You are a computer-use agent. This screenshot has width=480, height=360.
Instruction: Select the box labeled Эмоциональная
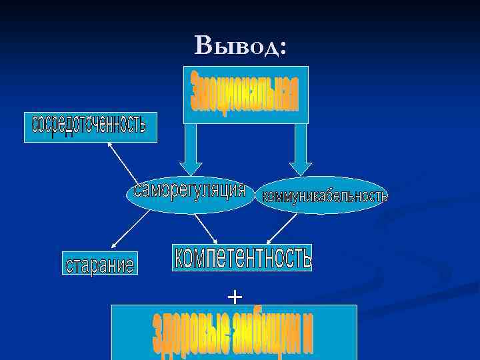245,95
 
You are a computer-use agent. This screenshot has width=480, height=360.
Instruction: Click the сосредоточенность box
90,127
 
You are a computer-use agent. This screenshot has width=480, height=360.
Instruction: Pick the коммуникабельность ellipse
323,195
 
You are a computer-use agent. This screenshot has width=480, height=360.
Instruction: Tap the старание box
99,263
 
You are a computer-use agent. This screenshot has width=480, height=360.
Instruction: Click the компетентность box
242,257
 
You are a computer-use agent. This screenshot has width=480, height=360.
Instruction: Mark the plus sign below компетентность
235,295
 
